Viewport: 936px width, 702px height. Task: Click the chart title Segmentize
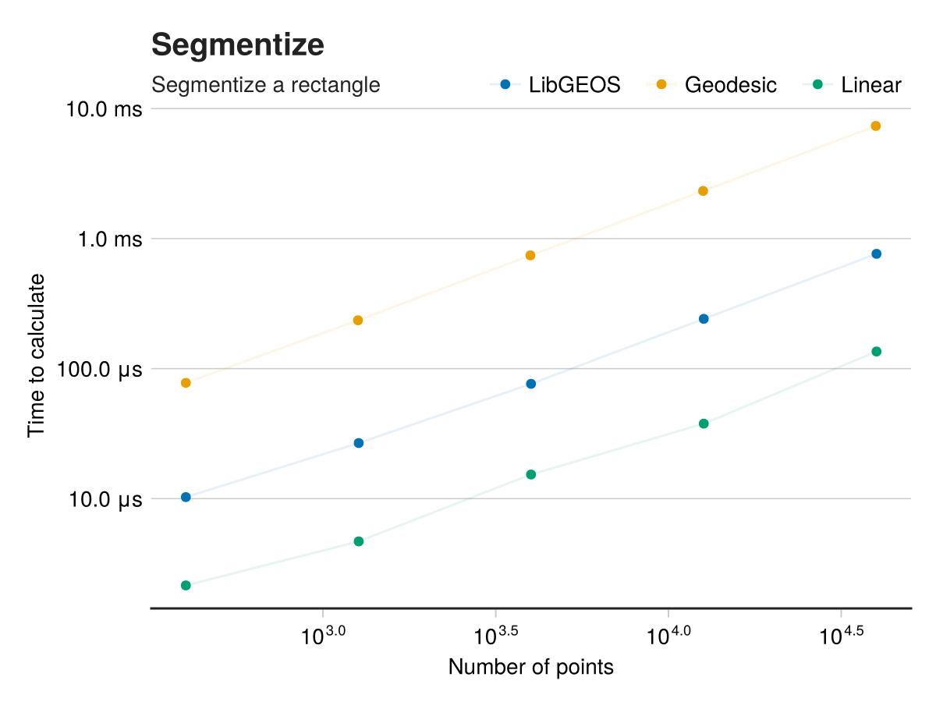point(237,45)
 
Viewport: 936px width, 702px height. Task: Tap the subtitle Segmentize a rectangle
point(265,84)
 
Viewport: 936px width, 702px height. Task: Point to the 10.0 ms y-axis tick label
point(104,108)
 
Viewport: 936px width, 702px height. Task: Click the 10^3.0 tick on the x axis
point(323,635)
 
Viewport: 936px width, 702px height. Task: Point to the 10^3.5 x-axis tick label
point(495,635)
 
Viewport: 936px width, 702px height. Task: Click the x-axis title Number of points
point(530,668)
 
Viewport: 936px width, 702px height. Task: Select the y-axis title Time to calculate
point(36,356)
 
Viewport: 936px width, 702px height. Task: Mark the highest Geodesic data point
point(875,126)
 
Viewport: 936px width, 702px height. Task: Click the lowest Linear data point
point(186,585)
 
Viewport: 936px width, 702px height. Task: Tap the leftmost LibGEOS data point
point(186,497)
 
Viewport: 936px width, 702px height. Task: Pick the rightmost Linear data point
point(876,351)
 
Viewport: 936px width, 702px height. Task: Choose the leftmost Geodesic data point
point(186,382)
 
